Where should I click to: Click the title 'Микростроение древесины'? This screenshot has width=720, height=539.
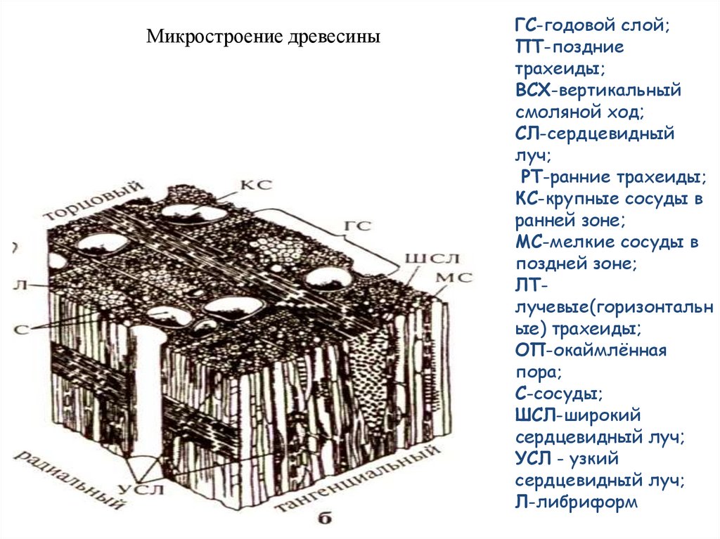[x=263, y=35]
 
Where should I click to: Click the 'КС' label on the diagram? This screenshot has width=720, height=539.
[x=256, y=185]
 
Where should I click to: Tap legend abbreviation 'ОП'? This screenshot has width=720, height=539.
[x=531, y=351]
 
